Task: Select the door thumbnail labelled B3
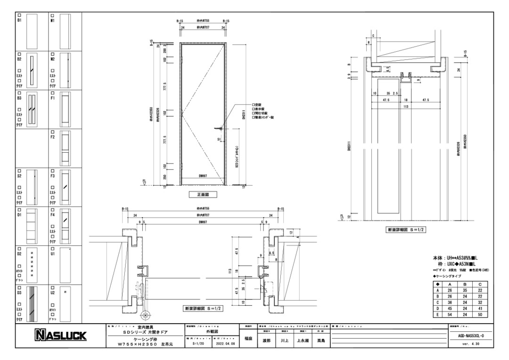point(32,110)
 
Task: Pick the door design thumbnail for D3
point(32,304)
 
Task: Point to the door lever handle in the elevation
point(218,128)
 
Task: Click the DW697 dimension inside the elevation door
point(203,176)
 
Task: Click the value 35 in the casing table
point(465,291)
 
